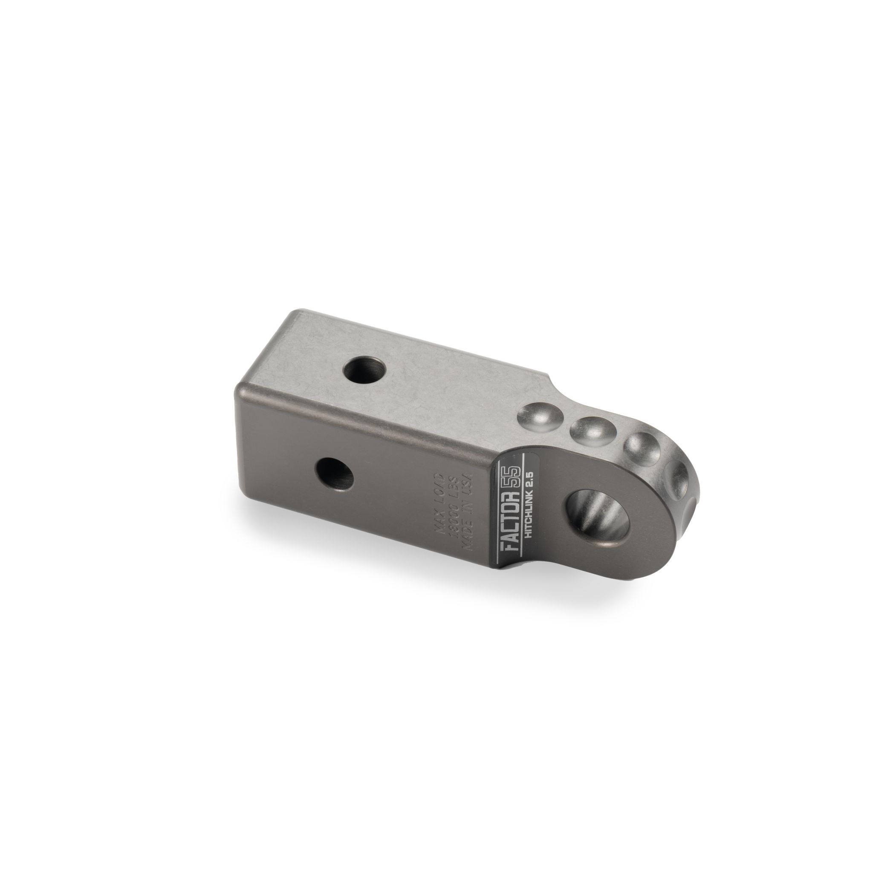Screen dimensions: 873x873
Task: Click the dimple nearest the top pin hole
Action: click(x=537, y=420)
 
